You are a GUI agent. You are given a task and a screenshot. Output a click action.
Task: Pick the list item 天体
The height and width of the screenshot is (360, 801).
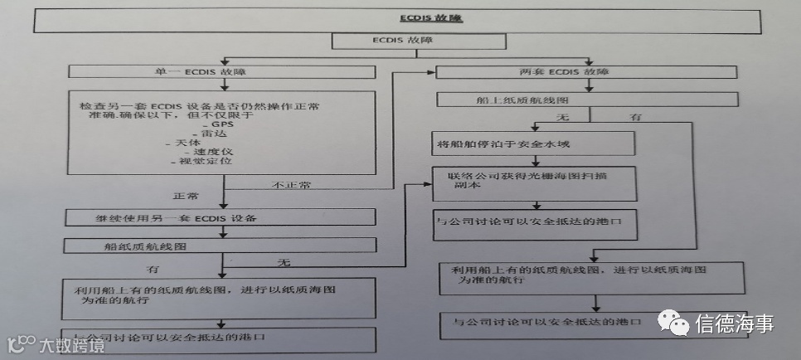point(184,144)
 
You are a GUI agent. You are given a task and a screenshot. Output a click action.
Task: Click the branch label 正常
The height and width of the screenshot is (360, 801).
point(184,198)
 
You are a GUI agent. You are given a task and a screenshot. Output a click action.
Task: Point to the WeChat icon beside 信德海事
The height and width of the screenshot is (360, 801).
point(673,322)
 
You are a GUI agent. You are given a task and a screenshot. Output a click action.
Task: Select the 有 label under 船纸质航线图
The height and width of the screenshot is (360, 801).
point(153,270)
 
